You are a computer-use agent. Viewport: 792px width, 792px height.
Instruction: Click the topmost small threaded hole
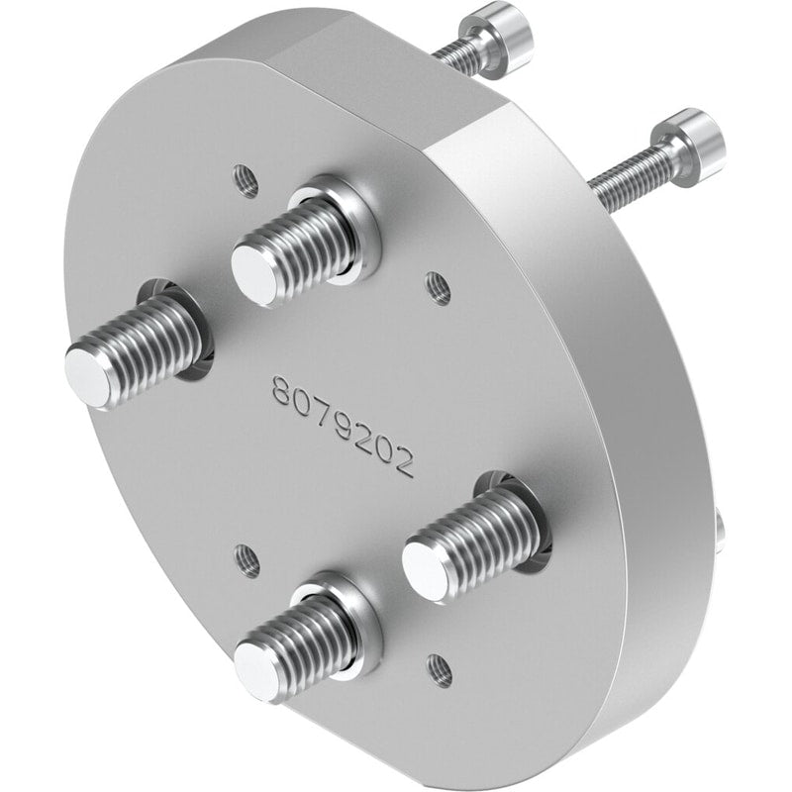pyautogui.click(x=246, y=181)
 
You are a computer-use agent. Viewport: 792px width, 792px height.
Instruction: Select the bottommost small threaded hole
pyautogui.click(x=439, y=671)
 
